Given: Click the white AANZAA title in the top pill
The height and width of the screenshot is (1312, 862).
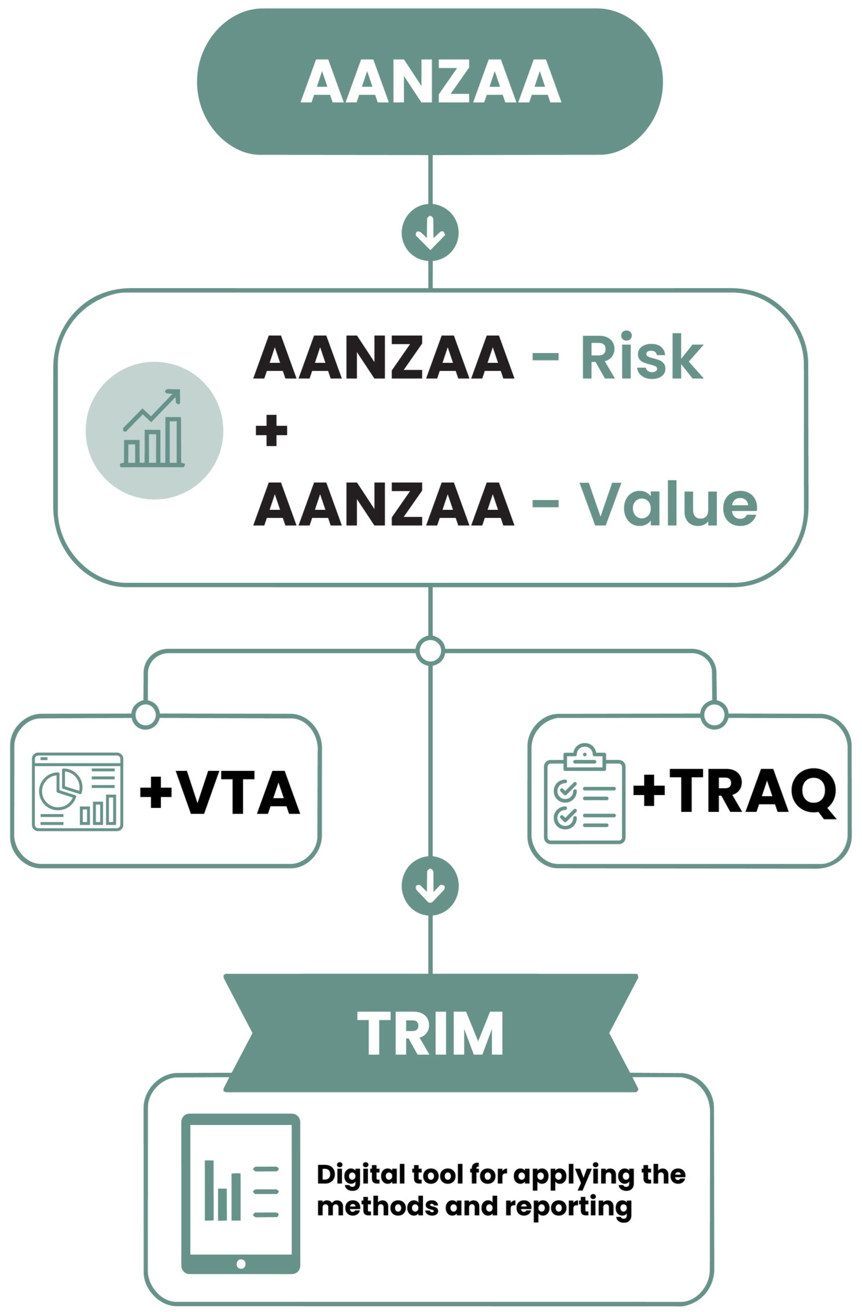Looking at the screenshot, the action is point(431,82).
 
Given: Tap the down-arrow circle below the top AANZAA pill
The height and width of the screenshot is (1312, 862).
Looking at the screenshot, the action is point(430,233).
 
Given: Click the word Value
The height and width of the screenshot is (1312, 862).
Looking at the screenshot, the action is point(669,504).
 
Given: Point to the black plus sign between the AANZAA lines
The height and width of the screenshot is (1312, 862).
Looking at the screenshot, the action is point(271,431).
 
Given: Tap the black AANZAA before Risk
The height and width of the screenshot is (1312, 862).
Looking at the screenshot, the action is point(384,357).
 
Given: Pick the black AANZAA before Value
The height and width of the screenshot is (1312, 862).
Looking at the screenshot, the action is point(384,504).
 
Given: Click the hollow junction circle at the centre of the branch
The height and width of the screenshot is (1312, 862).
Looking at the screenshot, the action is point(430,651).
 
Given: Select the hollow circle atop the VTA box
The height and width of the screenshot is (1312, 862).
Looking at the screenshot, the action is point(146,715).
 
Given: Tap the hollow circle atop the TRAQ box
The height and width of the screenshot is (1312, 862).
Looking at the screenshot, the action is point(714,715).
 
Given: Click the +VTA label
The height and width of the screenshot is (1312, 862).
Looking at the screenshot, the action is point(220,792).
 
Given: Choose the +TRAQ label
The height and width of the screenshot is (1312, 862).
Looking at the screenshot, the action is point(735,792).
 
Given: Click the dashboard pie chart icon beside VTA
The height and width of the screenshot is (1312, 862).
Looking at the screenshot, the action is point(78,792).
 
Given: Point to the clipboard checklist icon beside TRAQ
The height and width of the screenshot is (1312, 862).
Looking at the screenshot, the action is point(585,793).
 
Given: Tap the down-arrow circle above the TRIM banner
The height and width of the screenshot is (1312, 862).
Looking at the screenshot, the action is point(430,886).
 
